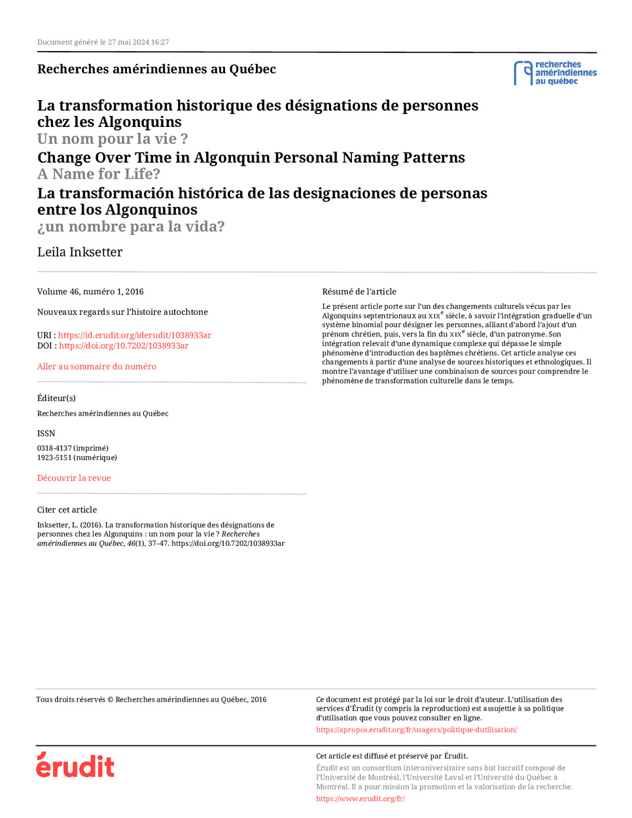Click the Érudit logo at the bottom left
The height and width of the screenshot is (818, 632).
point(75,765)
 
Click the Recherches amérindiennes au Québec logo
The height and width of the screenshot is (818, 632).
point(555,73)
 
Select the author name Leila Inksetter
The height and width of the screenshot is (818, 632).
point(80,252)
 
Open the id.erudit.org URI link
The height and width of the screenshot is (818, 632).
point(134,335)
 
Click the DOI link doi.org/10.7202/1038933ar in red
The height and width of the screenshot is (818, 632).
point(124,346)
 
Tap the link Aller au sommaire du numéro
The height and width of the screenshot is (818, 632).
point(96,366)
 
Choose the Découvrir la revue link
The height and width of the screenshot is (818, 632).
point(74,478)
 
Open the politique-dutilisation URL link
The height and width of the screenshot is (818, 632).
point(416,730)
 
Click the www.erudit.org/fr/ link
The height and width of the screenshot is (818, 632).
point(360,798)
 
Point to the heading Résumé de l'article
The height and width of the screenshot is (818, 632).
point(359,292)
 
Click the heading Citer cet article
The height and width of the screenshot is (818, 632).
point(67,510)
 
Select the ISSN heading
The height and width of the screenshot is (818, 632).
point(46,433)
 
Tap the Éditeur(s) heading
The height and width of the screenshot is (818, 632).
point(56,398)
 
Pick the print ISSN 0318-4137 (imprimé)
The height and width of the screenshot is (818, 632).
point(73,448)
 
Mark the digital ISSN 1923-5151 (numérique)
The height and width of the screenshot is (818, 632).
point(77,457)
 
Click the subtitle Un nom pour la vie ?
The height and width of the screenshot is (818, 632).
point(113,139)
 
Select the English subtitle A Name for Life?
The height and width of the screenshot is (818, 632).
point(98,174)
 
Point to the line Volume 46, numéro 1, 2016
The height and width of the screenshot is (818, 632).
point(90,292)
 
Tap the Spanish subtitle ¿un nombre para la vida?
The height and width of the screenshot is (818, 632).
point(131,226)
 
